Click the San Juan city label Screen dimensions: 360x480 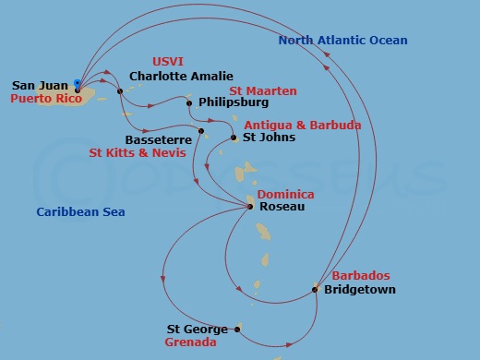(40, 85)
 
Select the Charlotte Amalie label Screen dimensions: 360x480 (181, 77)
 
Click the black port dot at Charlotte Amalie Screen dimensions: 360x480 (120, 90)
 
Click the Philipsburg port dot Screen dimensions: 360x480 (189, 103)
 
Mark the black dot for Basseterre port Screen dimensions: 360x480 (200, 142)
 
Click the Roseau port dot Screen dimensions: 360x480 (251, 207)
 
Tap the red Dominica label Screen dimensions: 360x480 (285, 195)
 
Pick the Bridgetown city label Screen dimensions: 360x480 (359, 290)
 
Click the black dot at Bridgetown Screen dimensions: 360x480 (316, 289)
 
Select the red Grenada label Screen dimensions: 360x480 (190, 342)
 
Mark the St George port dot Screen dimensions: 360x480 (237, 329)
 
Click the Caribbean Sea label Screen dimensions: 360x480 (80, 212)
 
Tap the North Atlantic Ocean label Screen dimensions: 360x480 (342, 41)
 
